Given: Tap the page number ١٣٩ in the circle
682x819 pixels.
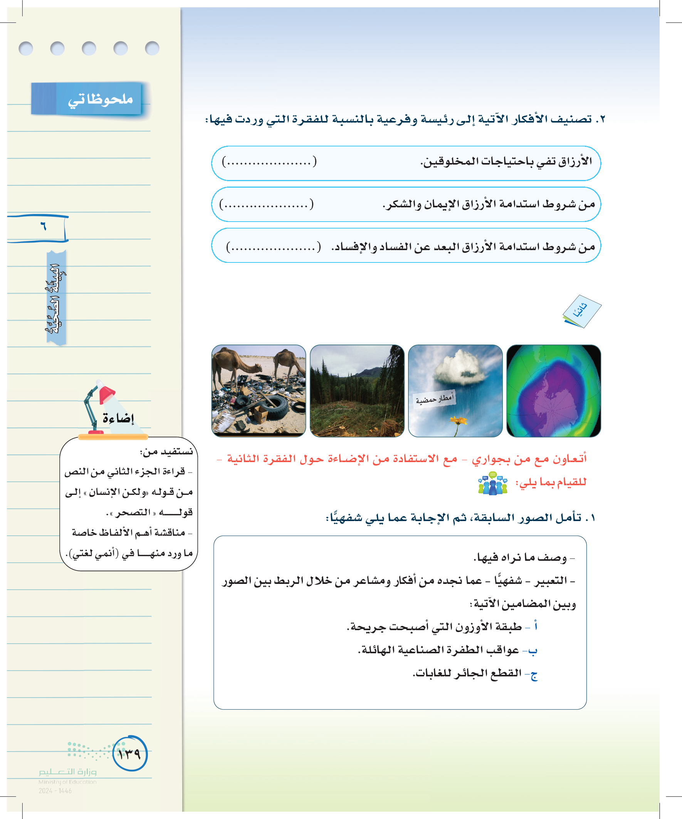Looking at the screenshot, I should [130, 753].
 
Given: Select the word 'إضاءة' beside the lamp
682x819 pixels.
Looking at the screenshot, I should [118, 419].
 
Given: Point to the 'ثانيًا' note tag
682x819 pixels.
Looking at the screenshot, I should [581, 311].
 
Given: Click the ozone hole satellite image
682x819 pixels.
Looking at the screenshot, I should [553, 391].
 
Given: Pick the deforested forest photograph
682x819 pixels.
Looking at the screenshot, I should [357, 391].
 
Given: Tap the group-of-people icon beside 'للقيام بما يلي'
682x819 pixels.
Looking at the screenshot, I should [492, 483].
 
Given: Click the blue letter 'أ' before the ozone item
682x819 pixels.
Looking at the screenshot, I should [536, 626].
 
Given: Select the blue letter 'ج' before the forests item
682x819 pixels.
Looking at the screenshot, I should [534, 674].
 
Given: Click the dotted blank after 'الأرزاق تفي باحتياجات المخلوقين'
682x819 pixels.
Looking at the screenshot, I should [269, 161].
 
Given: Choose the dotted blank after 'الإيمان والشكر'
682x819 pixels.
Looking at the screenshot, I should [266, 204].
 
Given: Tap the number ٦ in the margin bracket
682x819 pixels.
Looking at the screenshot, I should [43, 226].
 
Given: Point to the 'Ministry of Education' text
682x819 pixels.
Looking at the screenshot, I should [67, 782].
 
